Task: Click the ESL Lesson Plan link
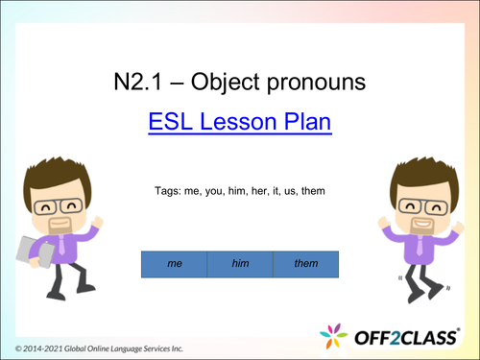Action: pyautogui.click(x=239, y=123)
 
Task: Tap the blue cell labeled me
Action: pyautogui.click(x=174, y=263)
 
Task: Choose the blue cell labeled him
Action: pyautogui.click(x=239, y=263)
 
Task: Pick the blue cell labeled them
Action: pyautogui.click(x=305, y=263)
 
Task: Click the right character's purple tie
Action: pyautogui.click(x=420, y=247)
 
